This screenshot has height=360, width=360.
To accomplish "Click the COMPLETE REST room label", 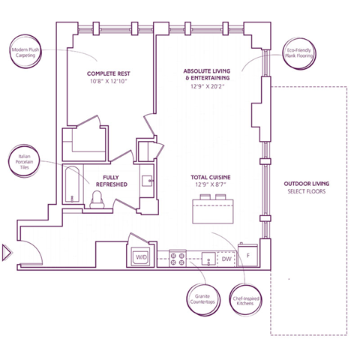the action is (109, 73).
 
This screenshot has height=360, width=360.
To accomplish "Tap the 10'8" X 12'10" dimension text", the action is (109, 81).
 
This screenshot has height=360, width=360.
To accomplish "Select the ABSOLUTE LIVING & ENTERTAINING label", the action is (206, 74).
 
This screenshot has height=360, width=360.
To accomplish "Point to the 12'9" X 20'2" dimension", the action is (208, 86).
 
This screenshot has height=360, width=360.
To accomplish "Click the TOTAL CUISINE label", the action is (211, 178).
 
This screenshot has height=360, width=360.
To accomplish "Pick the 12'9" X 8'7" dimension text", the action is (211, 184).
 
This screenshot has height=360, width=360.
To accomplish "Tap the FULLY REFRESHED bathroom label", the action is (112, 181).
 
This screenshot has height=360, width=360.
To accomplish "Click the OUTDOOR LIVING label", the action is (307, 184).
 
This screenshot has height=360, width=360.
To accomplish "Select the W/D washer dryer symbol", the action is (141, 256).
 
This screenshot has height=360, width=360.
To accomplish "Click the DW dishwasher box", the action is (226, 259).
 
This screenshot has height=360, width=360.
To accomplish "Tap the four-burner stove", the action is (178, 259).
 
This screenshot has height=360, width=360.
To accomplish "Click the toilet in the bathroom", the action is (97, 199).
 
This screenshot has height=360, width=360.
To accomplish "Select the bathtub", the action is (72, 184).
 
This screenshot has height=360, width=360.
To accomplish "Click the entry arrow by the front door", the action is (7, 253).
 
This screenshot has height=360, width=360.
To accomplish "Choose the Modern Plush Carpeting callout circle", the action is (25, 52).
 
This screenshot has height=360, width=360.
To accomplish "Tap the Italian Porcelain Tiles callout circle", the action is (24, 161).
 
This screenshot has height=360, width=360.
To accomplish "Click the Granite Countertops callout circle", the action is (204, 299).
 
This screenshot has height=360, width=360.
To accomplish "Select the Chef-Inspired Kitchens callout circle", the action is (245, 299).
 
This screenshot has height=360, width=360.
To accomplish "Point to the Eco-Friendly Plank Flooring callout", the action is (299, 53).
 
